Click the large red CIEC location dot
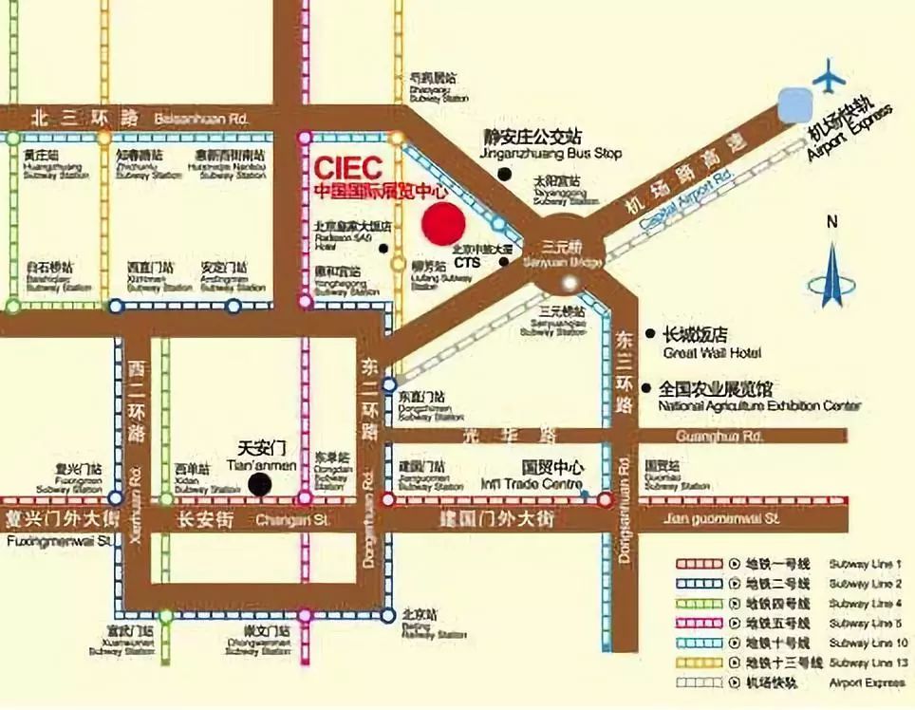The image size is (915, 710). pos(443,224)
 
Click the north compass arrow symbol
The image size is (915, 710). pos(832,275)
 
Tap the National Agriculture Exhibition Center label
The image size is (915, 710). pos(759,397)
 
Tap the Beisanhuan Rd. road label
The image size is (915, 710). pos(205,118)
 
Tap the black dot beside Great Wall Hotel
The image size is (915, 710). pos(650,334)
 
